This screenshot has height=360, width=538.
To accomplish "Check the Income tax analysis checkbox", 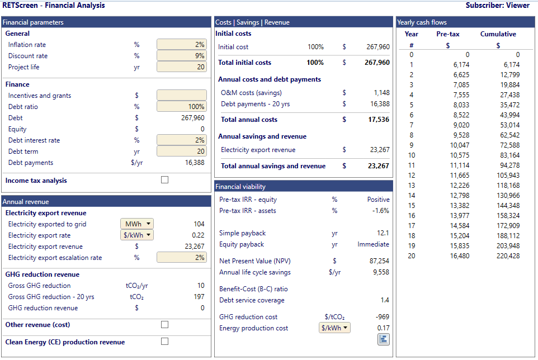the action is pos(164,179).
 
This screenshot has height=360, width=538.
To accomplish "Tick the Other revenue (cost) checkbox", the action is pos(164,324).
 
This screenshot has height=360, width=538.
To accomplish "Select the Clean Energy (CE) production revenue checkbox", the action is pos(164,341).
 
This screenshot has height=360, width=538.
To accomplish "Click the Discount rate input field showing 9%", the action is pos(182,55).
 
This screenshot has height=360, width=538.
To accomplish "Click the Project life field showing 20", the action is pos(182,67).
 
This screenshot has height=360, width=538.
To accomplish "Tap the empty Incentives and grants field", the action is pos(182,95).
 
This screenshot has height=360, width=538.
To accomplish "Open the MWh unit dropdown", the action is pos(137,224).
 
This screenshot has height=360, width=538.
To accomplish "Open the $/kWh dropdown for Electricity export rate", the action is pos(137,235).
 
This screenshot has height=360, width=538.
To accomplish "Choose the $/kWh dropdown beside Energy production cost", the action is pos(334,328).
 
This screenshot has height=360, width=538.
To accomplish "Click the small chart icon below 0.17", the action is pos(383,339).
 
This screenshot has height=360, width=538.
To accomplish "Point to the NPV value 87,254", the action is pos(379,261).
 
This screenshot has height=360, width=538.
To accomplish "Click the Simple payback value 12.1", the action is pos(383,233).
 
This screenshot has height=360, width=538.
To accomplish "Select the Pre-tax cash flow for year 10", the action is pos(460,155).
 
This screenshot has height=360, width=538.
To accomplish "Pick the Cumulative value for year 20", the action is pos(508,256).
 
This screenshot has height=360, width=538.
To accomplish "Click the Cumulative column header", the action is pos(498,34).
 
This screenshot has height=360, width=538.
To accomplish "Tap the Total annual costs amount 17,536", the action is pos(379,119).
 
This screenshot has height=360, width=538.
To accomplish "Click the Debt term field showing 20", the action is pos(182,151).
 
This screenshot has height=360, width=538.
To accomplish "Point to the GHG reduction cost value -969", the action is pos(382,317).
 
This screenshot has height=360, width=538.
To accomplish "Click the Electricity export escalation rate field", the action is pos(182,257).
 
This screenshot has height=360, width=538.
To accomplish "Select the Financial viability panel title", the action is pos(240,187).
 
